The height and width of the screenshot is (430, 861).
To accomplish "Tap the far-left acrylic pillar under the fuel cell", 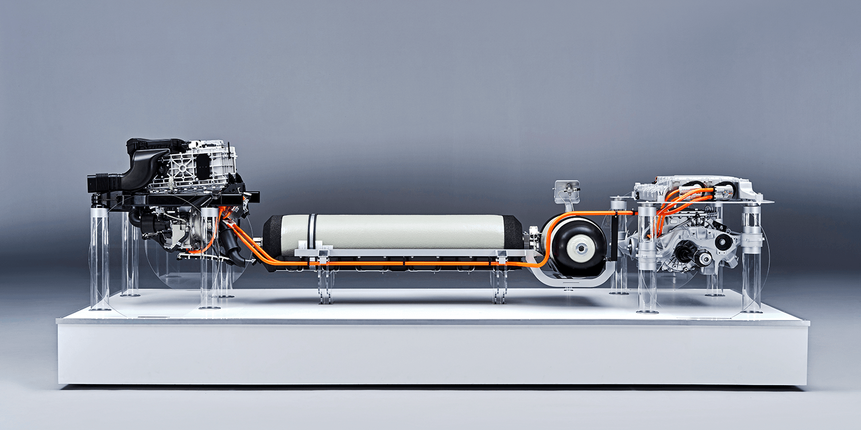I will click(99, 258).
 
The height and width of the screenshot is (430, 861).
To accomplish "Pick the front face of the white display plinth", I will click(430, 355).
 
